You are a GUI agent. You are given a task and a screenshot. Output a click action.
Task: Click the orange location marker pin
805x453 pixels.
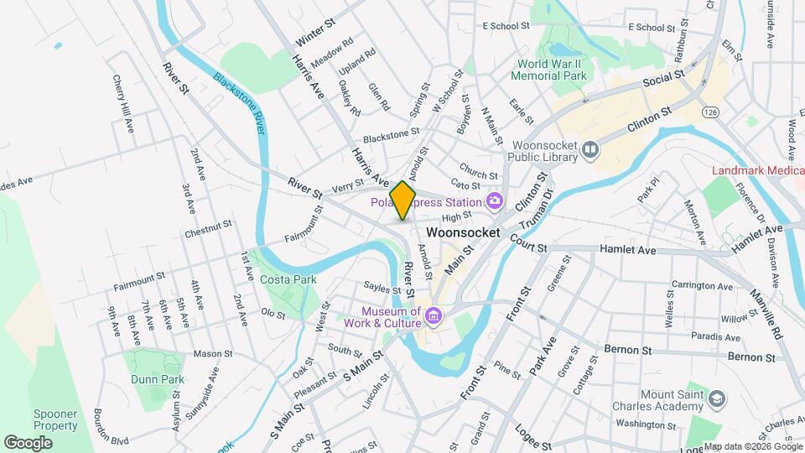tap(403, 200)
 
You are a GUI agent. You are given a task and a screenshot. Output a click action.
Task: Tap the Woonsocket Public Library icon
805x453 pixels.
tap(591, 149)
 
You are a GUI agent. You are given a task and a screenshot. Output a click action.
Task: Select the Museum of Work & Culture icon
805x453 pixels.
tap(434, 315)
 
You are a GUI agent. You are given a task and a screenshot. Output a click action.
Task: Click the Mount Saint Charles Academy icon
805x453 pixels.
tap(716, 397)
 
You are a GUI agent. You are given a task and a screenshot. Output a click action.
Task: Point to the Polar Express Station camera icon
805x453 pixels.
tap(494, 200)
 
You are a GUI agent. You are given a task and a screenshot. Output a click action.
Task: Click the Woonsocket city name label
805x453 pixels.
tap(463, 232)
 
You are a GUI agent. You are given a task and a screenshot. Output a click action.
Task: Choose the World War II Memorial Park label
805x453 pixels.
tap(551, 70)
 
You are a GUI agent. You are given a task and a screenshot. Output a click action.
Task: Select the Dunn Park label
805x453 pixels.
tap(157, 379)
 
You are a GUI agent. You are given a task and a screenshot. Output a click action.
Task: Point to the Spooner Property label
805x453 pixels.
tap(55, 420)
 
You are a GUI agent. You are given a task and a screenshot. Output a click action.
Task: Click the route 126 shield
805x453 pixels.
tap(711, 112)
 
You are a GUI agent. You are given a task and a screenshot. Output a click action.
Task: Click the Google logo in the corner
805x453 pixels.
tap(28, 442)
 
